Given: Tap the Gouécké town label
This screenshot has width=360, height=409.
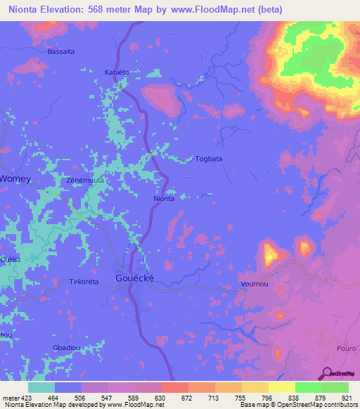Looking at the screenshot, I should (139, 278).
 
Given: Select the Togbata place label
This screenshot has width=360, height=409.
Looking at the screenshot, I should (208, 159).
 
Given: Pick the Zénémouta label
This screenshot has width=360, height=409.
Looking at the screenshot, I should (85, 180).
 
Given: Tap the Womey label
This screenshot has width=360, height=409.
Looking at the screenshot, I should (15, 178).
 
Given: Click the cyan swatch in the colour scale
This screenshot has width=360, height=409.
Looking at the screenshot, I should (41, 387).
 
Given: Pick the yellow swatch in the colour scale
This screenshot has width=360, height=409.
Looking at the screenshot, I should (281, 387).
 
